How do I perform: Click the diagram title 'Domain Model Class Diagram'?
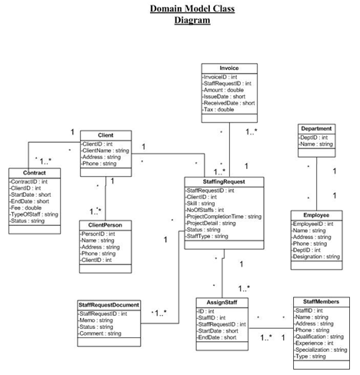point(192,15)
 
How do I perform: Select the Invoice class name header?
point(228,68)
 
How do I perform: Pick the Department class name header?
point(316,128)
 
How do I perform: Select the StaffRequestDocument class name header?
point(109,305)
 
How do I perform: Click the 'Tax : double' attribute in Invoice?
point(219,110)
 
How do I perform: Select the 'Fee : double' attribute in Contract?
point(28,207)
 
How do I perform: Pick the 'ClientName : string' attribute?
point(109,150)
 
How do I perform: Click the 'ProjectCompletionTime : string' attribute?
point(225,217)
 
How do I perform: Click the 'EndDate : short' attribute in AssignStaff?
point(217,337)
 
